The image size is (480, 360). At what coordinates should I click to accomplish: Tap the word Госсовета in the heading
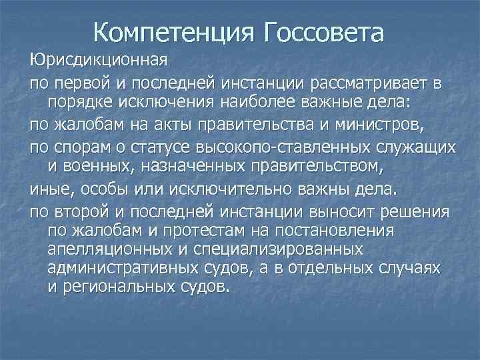click(x=325, y=31)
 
